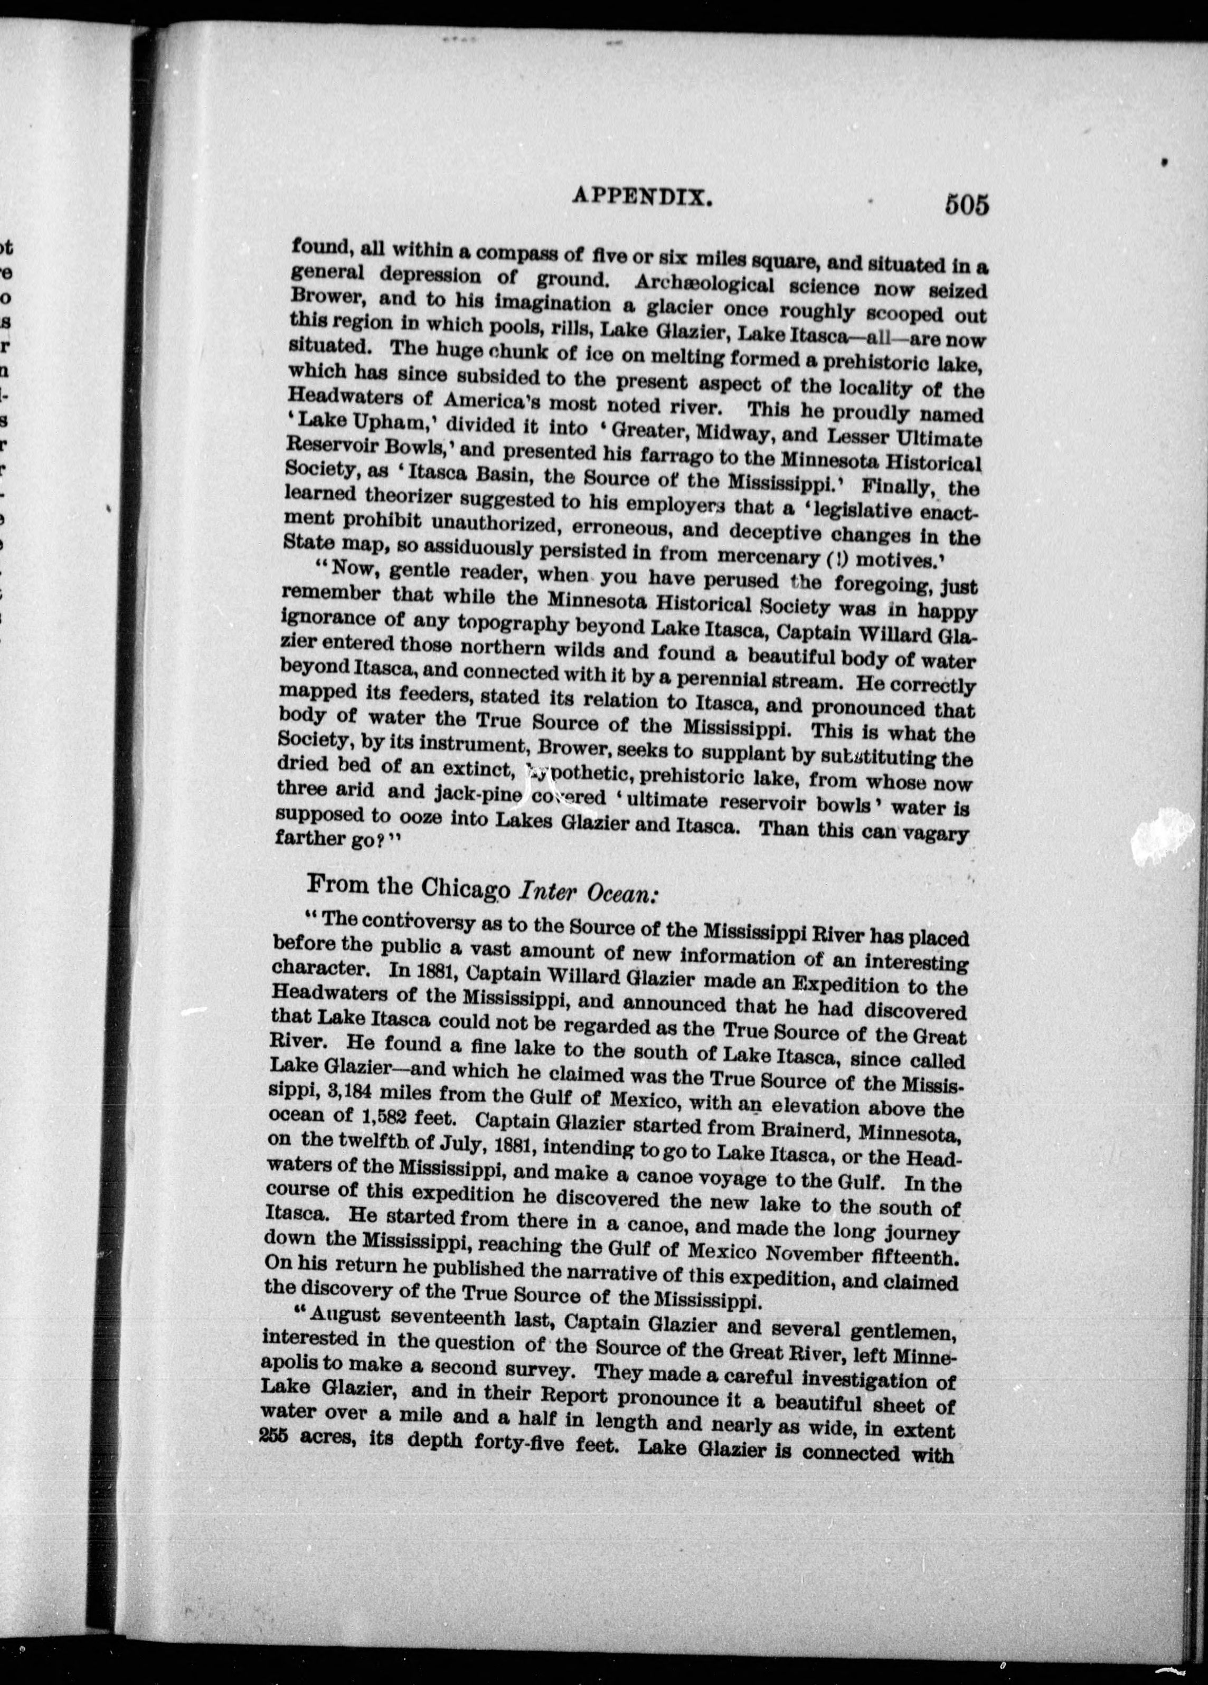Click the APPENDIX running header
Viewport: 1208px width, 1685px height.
[x=644, y=197]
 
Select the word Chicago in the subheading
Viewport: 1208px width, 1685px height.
[x=466, y=888]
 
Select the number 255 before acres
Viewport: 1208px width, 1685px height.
[x=276, y=1437]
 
